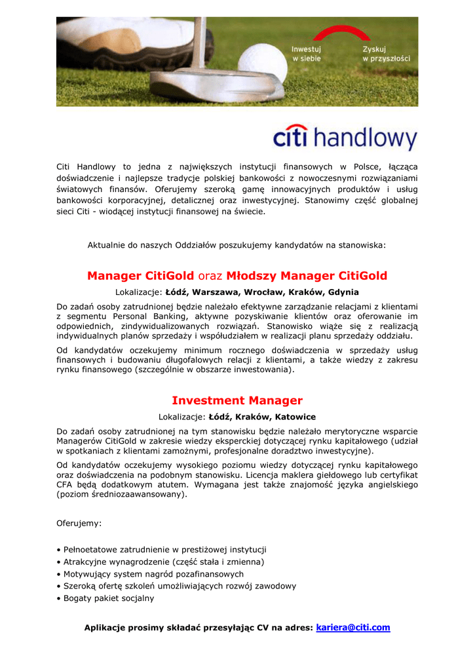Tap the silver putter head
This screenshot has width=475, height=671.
(216, 83)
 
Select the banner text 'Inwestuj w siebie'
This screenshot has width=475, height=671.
(307, 54)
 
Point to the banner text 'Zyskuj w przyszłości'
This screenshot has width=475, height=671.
(386, 54)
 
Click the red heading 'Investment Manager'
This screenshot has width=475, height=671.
(237, 400)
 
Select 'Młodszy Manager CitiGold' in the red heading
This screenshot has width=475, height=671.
(307, 276)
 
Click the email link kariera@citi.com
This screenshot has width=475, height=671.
(352, 627)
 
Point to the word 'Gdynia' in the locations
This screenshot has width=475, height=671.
(343, 292)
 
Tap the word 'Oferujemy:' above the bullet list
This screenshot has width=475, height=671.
(79, 524)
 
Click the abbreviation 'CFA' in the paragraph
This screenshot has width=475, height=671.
(65, 485)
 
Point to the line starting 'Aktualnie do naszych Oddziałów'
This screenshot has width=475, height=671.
(237, 245)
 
